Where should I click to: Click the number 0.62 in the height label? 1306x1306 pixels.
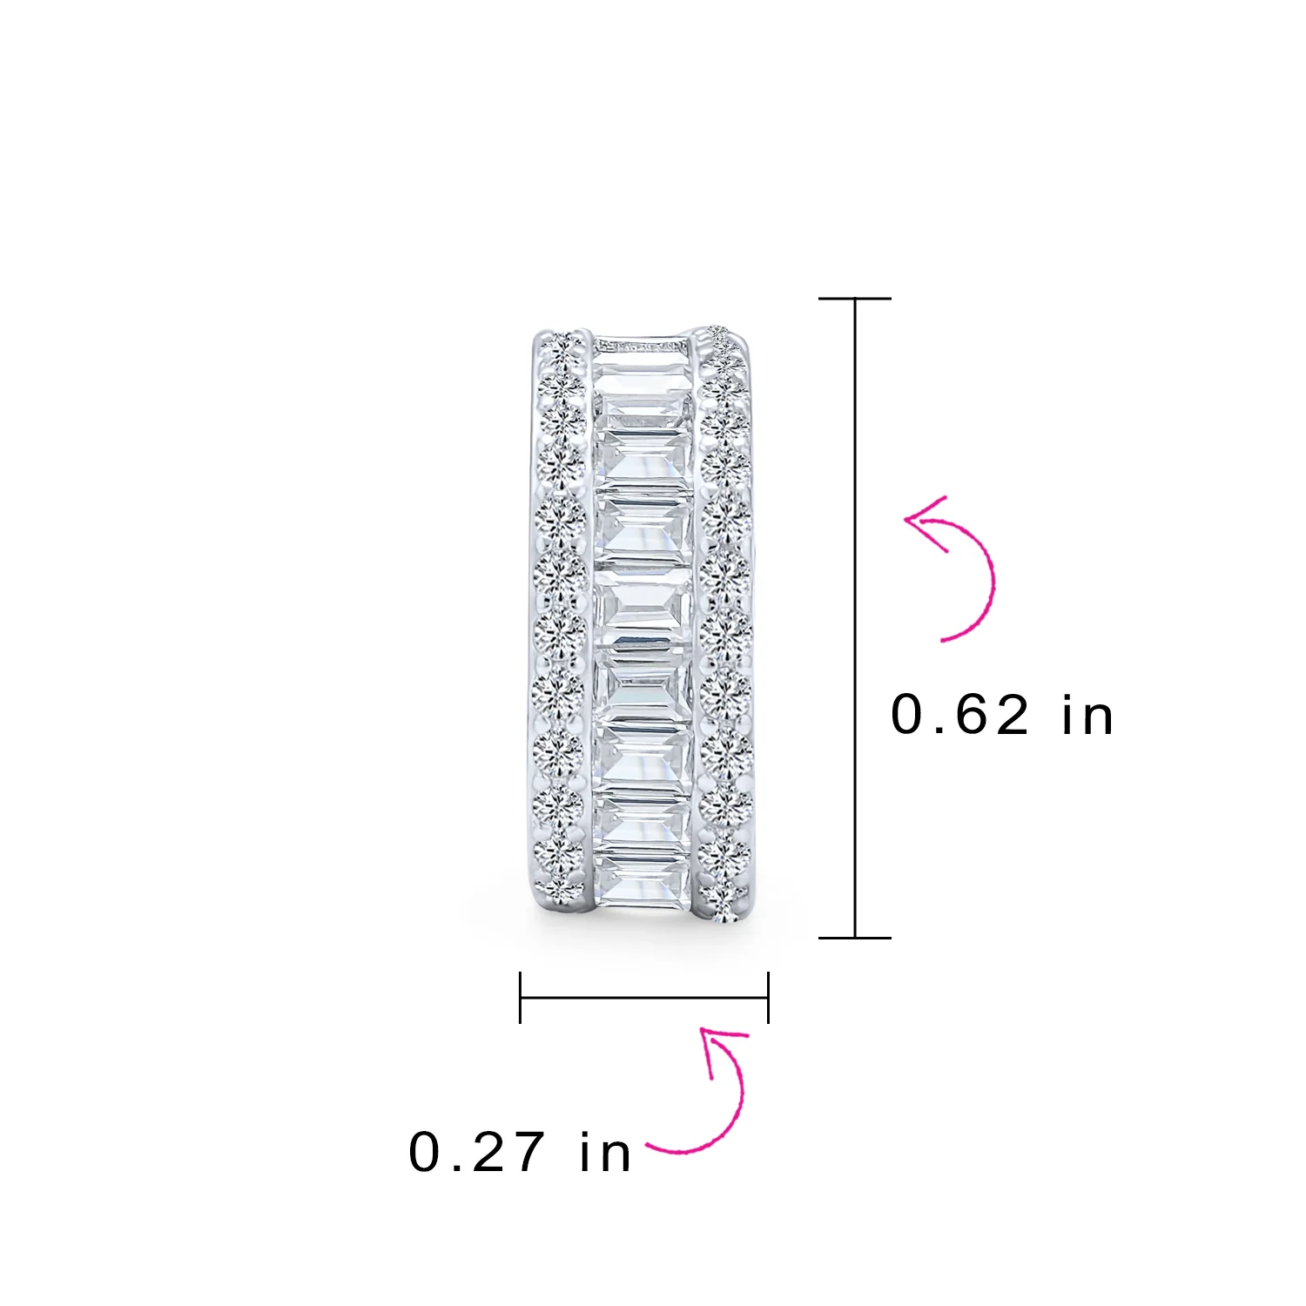(959, 716)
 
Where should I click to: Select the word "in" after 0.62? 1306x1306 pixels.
(1087, 716)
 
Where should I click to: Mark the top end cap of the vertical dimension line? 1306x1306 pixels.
(855, 299)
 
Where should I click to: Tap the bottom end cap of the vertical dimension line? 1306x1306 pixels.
(855, 938)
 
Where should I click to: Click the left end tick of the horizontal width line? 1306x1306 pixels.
(520, 998)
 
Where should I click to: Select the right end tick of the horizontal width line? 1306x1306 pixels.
(768, 998)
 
